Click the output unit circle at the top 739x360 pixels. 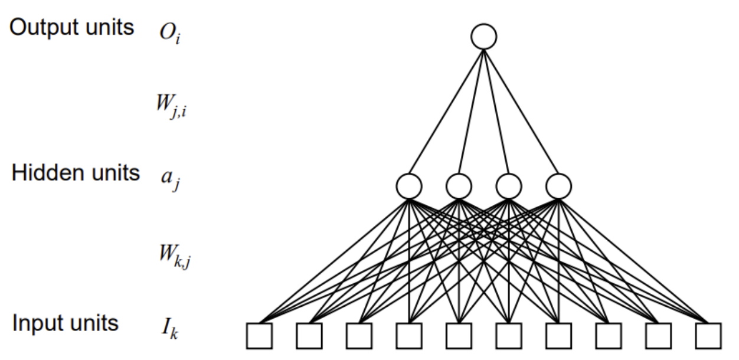(x=483, y=37)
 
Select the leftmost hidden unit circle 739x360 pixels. (x=408, y=186)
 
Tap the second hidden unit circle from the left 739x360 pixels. (x=459, y=186)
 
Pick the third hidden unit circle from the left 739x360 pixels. (x=508, y=186)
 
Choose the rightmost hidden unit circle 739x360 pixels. (x=558, y=186)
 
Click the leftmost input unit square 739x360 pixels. (x=259, y=335)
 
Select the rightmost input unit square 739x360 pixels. (x=708, y=335)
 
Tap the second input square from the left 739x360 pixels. (x=309, y=335)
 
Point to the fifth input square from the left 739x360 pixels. (x=459, y=335)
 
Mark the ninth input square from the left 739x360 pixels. (x=658, y=335)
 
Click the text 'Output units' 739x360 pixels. (x=71, y=28)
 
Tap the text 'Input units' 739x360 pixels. (x=66, y=323)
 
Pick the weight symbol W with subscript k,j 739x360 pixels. (x=172, y=255)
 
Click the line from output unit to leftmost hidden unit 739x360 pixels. (x=446, y=112)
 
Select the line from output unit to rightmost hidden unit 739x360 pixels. (x=521, y=112)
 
